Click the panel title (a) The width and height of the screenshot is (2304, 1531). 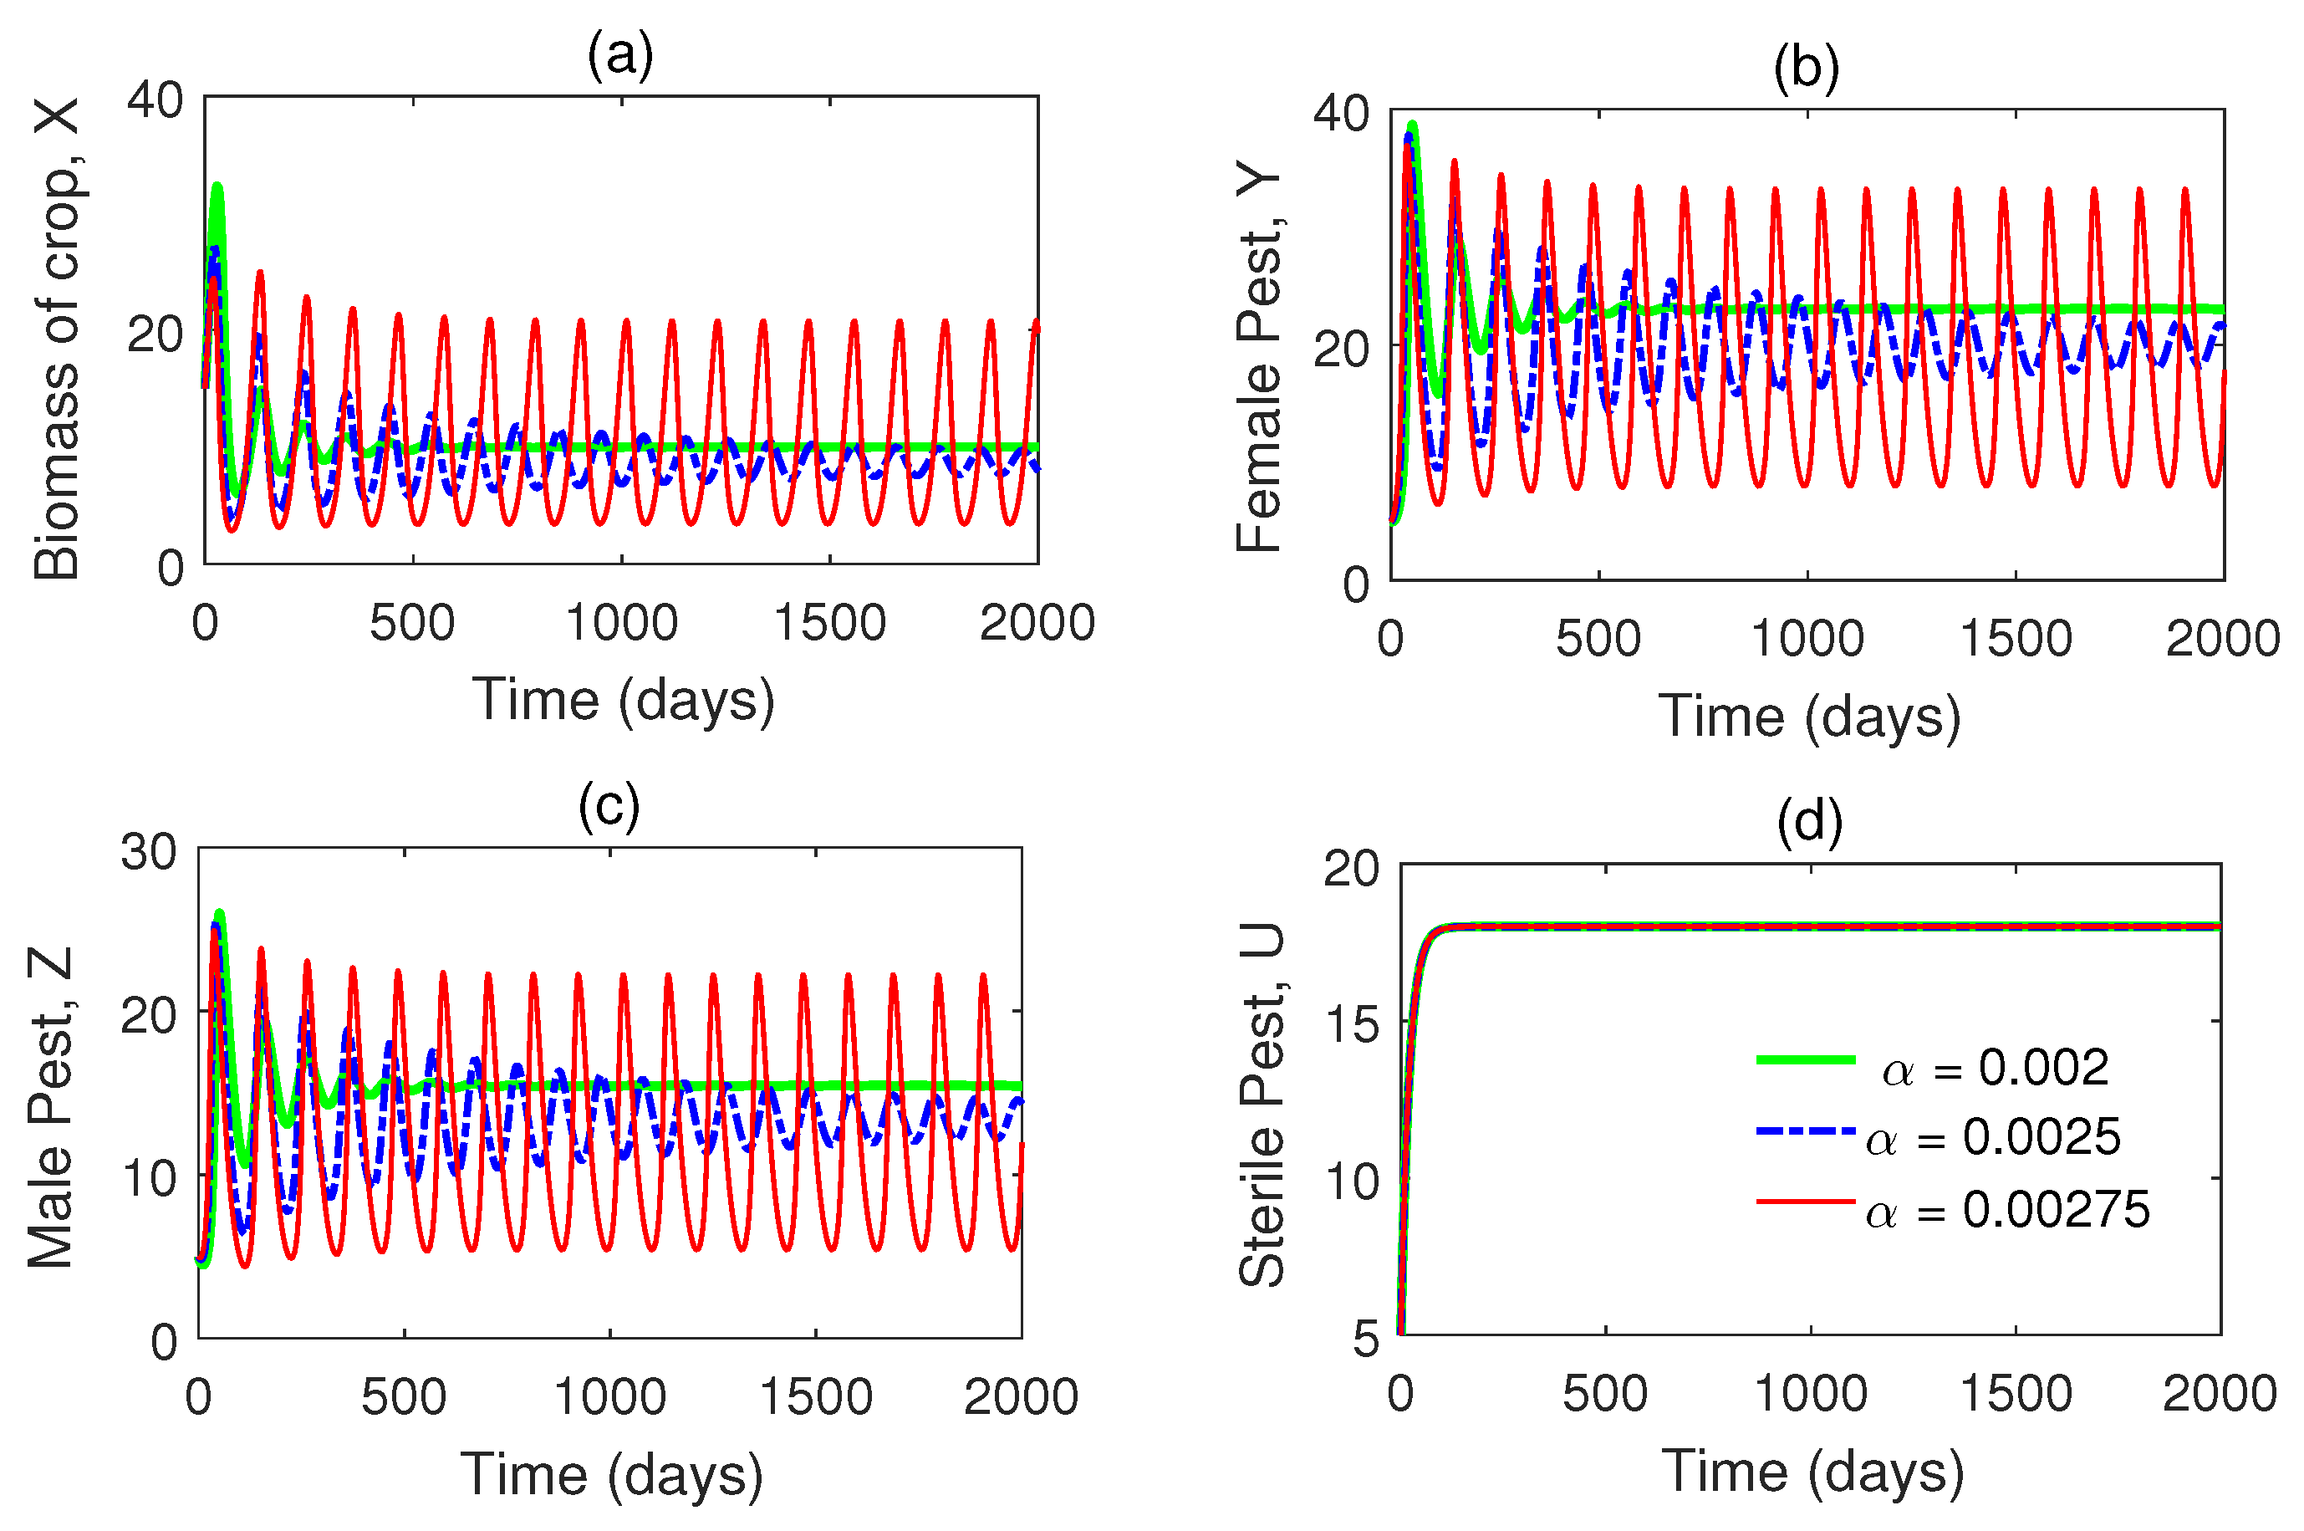[x=620, y=54]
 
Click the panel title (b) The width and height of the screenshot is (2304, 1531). [x=1806, y=69]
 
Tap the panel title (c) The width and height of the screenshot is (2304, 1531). [x=609, y=807]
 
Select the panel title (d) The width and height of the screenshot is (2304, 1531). [x=1810, y=821]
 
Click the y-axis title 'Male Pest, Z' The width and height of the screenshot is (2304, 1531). [x=51, y=1107]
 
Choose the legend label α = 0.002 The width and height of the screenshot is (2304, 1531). [x=1996, y=1067]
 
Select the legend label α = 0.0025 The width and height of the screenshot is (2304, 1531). [x=1994, y=1137]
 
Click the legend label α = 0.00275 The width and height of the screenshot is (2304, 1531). [x=2007, y=1210]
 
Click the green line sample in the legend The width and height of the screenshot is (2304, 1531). [x=1805, y=1059]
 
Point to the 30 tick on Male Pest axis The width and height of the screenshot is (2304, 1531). [x=149, y=851]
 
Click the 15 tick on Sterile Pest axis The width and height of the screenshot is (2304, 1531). [x=1351, y=1024]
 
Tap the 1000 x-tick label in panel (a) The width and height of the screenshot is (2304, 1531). [x=622, y=623]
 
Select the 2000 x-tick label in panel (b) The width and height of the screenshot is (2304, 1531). [x=2223, y=639]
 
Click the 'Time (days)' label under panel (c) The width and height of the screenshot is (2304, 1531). [x=611, y=1474]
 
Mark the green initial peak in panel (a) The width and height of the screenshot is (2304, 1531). [x=217, y=186]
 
